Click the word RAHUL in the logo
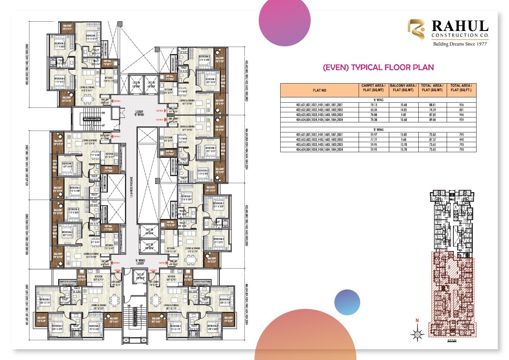point(460,26)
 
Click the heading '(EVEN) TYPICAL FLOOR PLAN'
point(378,68)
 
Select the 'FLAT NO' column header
point(319,90)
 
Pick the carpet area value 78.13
point(373,105)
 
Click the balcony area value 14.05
point(403,110)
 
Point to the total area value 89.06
point(433,120)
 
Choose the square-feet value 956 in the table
point(461,105)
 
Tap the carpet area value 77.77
point(373,140)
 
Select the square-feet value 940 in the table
point(461,140)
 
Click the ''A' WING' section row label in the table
point(378,100)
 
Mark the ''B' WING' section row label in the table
point(378,130)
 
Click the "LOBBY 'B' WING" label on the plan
point(139,113)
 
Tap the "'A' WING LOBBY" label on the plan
point(140,262)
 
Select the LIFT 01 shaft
point(140,276)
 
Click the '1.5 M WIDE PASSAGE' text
point(131,187)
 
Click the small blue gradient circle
point(347,302)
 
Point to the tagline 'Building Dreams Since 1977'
point(460,44)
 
